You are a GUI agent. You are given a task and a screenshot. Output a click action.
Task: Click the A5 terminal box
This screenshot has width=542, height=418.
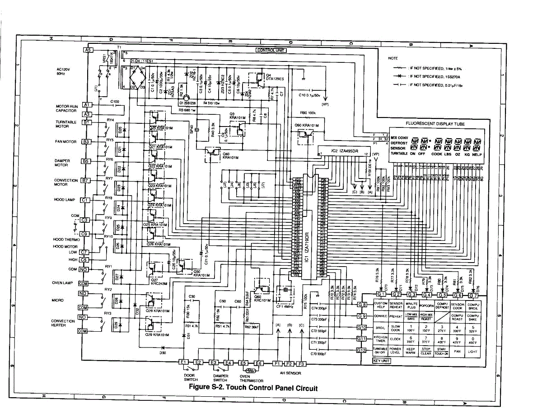pyautogui.click(x=88, y=50)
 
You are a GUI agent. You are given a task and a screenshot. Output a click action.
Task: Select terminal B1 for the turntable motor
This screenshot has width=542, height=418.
pyautogui.click(x=86, y=122)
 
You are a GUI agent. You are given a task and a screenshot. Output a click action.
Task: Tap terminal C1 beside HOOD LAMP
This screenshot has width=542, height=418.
pyautogui.click(x=84, y=200)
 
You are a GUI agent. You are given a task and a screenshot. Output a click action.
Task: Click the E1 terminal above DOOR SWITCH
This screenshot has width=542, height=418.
pyautogui.click(x=183, y=362)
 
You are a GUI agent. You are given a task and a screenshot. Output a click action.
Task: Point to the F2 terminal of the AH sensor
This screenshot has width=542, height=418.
pyautogui.click(x=290, y=363)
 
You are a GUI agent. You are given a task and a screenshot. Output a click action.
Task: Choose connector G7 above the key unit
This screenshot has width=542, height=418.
pyautogui.click(x=473, y=295)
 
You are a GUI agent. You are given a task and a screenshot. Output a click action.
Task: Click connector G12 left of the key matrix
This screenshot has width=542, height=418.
pyautogui.click(x=361, y=350)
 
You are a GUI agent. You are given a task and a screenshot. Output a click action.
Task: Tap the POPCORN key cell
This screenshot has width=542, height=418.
pyautogui.click(x=426, y=306)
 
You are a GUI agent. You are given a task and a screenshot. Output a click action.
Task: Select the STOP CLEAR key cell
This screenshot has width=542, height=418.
pyautogui.click(x=426, y=351)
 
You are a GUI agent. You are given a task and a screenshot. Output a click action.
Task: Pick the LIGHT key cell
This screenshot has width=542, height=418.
pyautogui.click(x=472, y=351)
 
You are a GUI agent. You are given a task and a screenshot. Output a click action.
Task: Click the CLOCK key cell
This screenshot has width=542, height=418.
pyautogui.click(x=396, y=339)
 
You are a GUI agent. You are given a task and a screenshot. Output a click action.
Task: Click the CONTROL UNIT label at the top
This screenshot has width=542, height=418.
pyautogui.click(x=271, y=50)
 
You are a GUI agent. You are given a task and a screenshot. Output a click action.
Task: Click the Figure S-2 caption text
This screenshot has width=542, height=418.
pyautogui.click(x=253, y=388)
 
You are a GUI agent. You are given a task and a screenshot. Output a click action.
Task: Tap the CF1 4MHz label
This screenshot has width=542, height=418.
pyautogui.click(x=285, y=307)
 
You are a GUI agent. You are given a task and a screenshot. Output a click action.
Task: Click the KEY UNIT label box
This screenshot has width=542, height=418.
pyautogui.click(x=381, y=361)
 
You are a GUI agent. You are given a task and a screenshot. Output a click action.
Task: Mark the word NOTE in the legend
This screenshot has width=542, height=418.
pyautogui.click(x=392, y=58)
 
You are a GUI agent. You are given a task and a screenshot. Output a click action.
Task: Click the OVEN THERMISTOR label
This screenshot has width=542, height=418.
pyautogui.click(x=251, y=378)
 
